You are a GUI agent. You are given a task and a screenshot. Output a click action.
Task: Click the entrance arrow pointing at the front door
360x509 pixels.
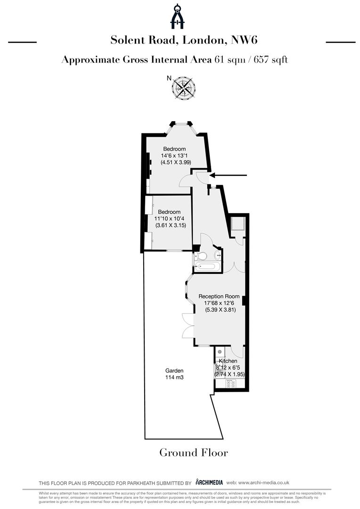pos(228,175)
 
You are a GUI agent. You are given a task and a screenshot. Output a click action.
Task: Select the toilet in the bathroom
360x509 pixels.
pos(202,256)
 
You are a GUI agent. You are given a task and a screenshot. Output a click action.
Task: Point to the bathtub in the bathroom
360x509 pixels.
pos(205,267)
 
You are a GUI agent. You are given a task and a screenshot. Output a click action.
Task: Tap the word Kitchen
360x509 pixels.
pos(228,361)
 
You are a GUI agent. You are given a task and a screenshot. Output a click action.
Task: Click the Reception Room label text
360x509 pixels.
pos(219,296)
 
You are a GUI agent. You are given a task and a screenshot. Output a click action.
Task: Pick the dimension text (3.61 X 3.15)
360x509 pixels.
pos(171,225)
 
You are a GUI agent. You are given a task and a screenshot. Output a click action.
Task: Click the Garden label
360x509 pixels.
pos(174,370)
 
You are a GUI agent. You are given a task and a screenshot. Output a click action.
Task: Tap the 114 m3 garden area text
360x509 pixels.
pos(174,378)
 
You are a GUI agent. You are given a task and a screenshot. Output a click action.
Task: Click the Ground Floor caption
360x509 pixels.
pos(194,453)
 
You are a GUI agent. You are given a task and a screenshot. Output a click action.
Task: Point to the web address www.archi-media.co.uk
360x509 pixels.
pos(264,482)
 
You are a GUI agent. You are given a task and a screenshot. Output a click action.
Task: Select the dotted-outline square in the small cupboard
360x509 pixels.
pos(236,223)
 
